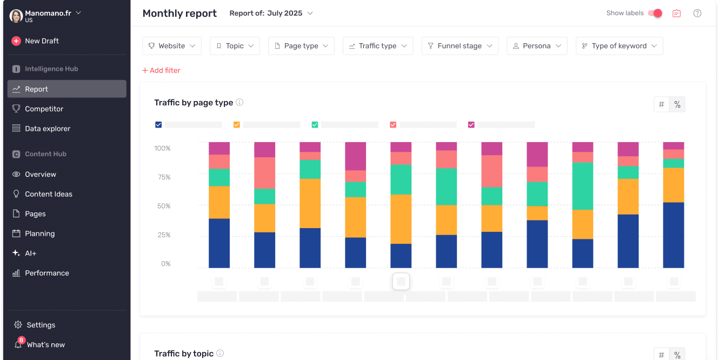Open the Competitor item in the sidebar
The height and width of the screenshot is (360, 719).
coord(44,109)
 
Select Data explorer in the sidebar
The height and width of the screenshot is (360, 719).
coord(47,129)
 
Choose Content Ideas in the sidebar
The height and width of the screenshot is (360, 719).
coord(48,194)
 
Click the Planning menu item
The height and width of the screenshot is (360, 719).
coord(39,234)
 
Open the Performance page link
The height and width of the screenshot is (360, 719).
coord(46,273)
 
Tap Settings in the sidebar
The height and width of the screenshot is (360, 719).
coord(41,325)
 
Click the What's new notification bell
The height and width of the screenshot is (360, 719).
coord(18,344)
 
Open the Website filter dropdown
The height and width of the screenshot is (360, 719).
coord(172,46)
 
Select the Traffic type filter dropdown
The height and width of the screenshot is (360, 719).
coord(377,46)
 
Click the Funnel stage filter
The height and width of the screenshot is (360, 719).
coord(460,46)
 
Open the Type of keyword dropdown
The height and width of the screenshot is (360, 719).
coord(619,46)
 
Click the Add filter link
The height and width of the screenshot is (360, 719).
coord(161,70)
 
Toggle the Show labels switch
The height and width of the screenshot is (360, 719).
coord(655,14)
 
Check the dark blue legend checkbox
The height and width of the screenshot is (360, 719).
coord(158,125)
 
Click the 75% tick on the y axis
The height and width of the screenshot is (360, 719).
coord(163,177)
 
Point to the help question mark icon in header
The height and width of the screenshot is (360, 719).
coord(697,14)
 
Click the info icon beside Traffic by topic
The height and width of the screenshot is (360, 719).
coord(220,354)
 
